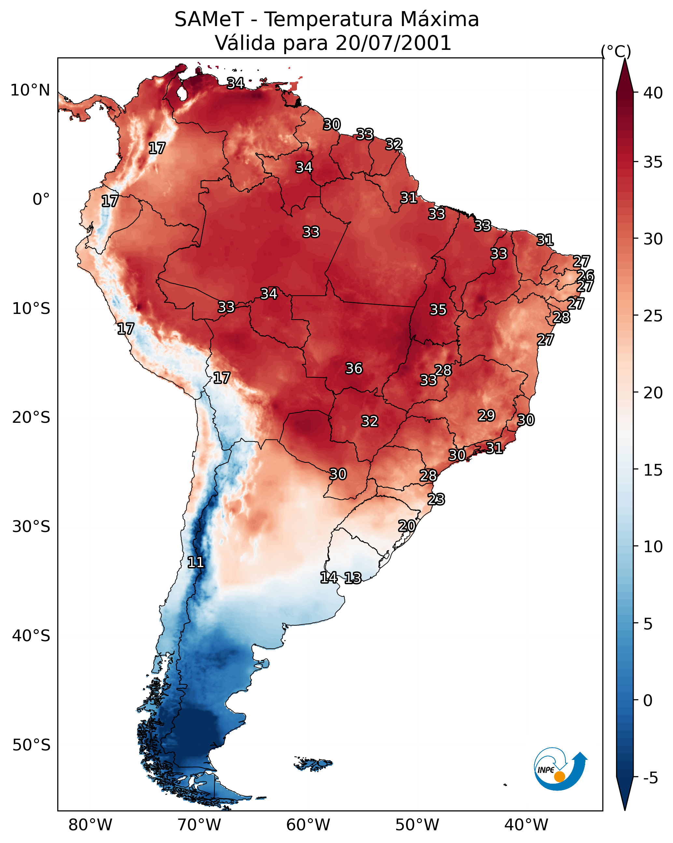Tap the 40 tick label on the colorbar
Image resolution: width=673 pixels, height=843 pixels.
click(653, 93)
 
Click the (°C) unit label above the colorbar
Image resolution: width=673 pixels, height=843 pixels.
click(616, 51)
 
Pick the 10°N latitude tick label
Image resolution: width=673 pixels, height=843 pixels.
click(30, 90)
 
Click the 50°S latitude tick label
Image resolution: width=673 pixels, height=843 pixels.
click(31, 745)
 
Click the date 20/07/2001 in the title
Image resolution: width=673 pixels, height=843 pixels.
click(393, 43)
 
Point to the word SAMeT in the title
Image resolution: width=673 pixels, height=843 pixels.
click(209, 20)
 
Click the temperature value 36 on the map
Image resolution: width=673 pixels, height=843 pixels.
click(354, 368)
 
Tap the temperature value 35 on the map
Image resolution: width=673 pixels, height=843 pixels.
click(438, 310)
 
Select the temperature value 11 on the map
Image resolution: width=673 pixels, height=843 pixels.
click(196, 562)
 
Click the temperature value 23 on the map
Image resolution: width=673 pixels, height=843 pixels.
click(436, 499)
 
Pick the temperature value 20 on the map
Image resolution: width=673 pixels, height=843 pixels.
click(407, 526)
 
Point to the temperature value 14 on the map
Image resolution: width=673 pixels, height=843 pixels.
click(329, 578)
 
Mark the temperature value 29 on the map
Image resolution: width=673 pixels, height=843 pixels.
click(486, 416)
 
